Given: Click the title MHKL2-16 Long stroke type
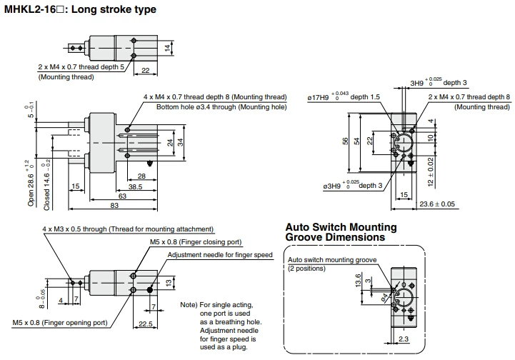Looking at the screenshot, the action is [x=80, y=9].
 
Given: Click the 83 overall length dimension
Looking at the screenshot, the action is [x=114, y=205].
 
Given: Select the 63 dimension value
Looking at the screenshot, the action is [x=122, y=196].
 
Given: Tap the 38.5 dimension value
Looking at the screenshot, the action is [x=135, y=187].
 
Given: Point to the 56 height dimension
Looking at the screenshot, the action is [x=345, y=141].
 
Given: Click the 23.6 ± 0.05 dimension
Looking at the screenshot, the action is [x=437, y=204].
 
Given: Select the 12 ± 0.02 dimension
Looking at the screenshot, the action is [x=431, y=172].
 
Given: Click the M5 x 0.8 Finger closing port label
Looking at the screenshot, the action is [x=196, y=242].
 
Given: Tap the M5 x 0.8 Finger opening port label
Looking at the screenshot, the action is [x=60, y=323].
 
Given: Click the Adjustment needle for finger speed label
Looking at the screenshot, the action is [x=220, y=255].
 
